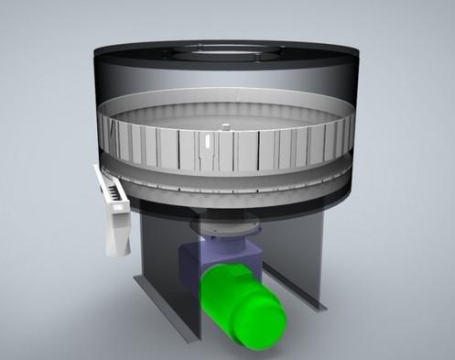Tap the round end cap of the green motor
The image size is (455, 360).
click(x=265, y=322)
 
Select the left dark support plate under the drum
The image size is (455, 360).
click(x=160, y=266)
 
